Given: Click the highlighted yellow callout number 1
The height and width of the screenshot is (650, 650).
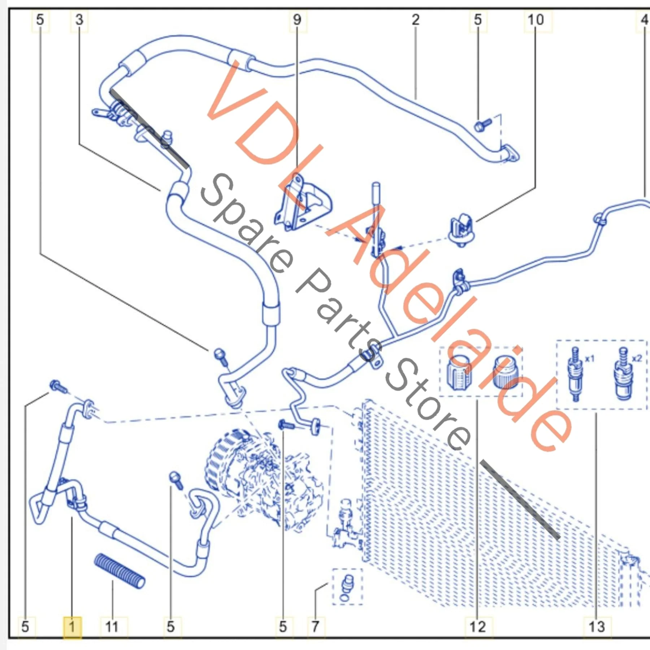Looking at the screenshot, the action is tap(72, 627).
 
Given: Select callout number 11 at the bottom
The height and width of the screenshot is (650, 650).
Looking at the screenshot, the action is tap(112, 627).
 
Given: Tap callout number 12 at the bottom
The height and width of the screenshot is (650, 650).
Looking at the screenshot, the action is tap(477, 627).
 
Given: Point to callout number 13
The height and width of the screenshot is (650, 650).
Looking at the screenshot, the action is tap(596, 627).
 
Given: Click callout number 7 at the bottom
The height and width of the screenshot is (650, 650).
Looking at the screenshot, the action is tap(315, 627).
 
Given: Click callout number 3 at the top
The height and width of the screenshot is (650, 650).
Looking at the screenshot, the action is tap(79, 19).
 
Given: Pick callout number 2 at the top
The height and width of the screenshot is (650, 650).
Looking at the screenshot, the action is tap(416, 19).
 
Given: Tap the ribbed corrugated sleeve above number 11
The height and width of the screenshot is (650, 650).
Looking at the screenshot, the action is tap(120, 571).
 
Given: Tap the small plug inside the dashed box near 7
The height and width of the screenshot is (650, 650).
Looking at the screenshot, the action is tap(347, 589).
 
